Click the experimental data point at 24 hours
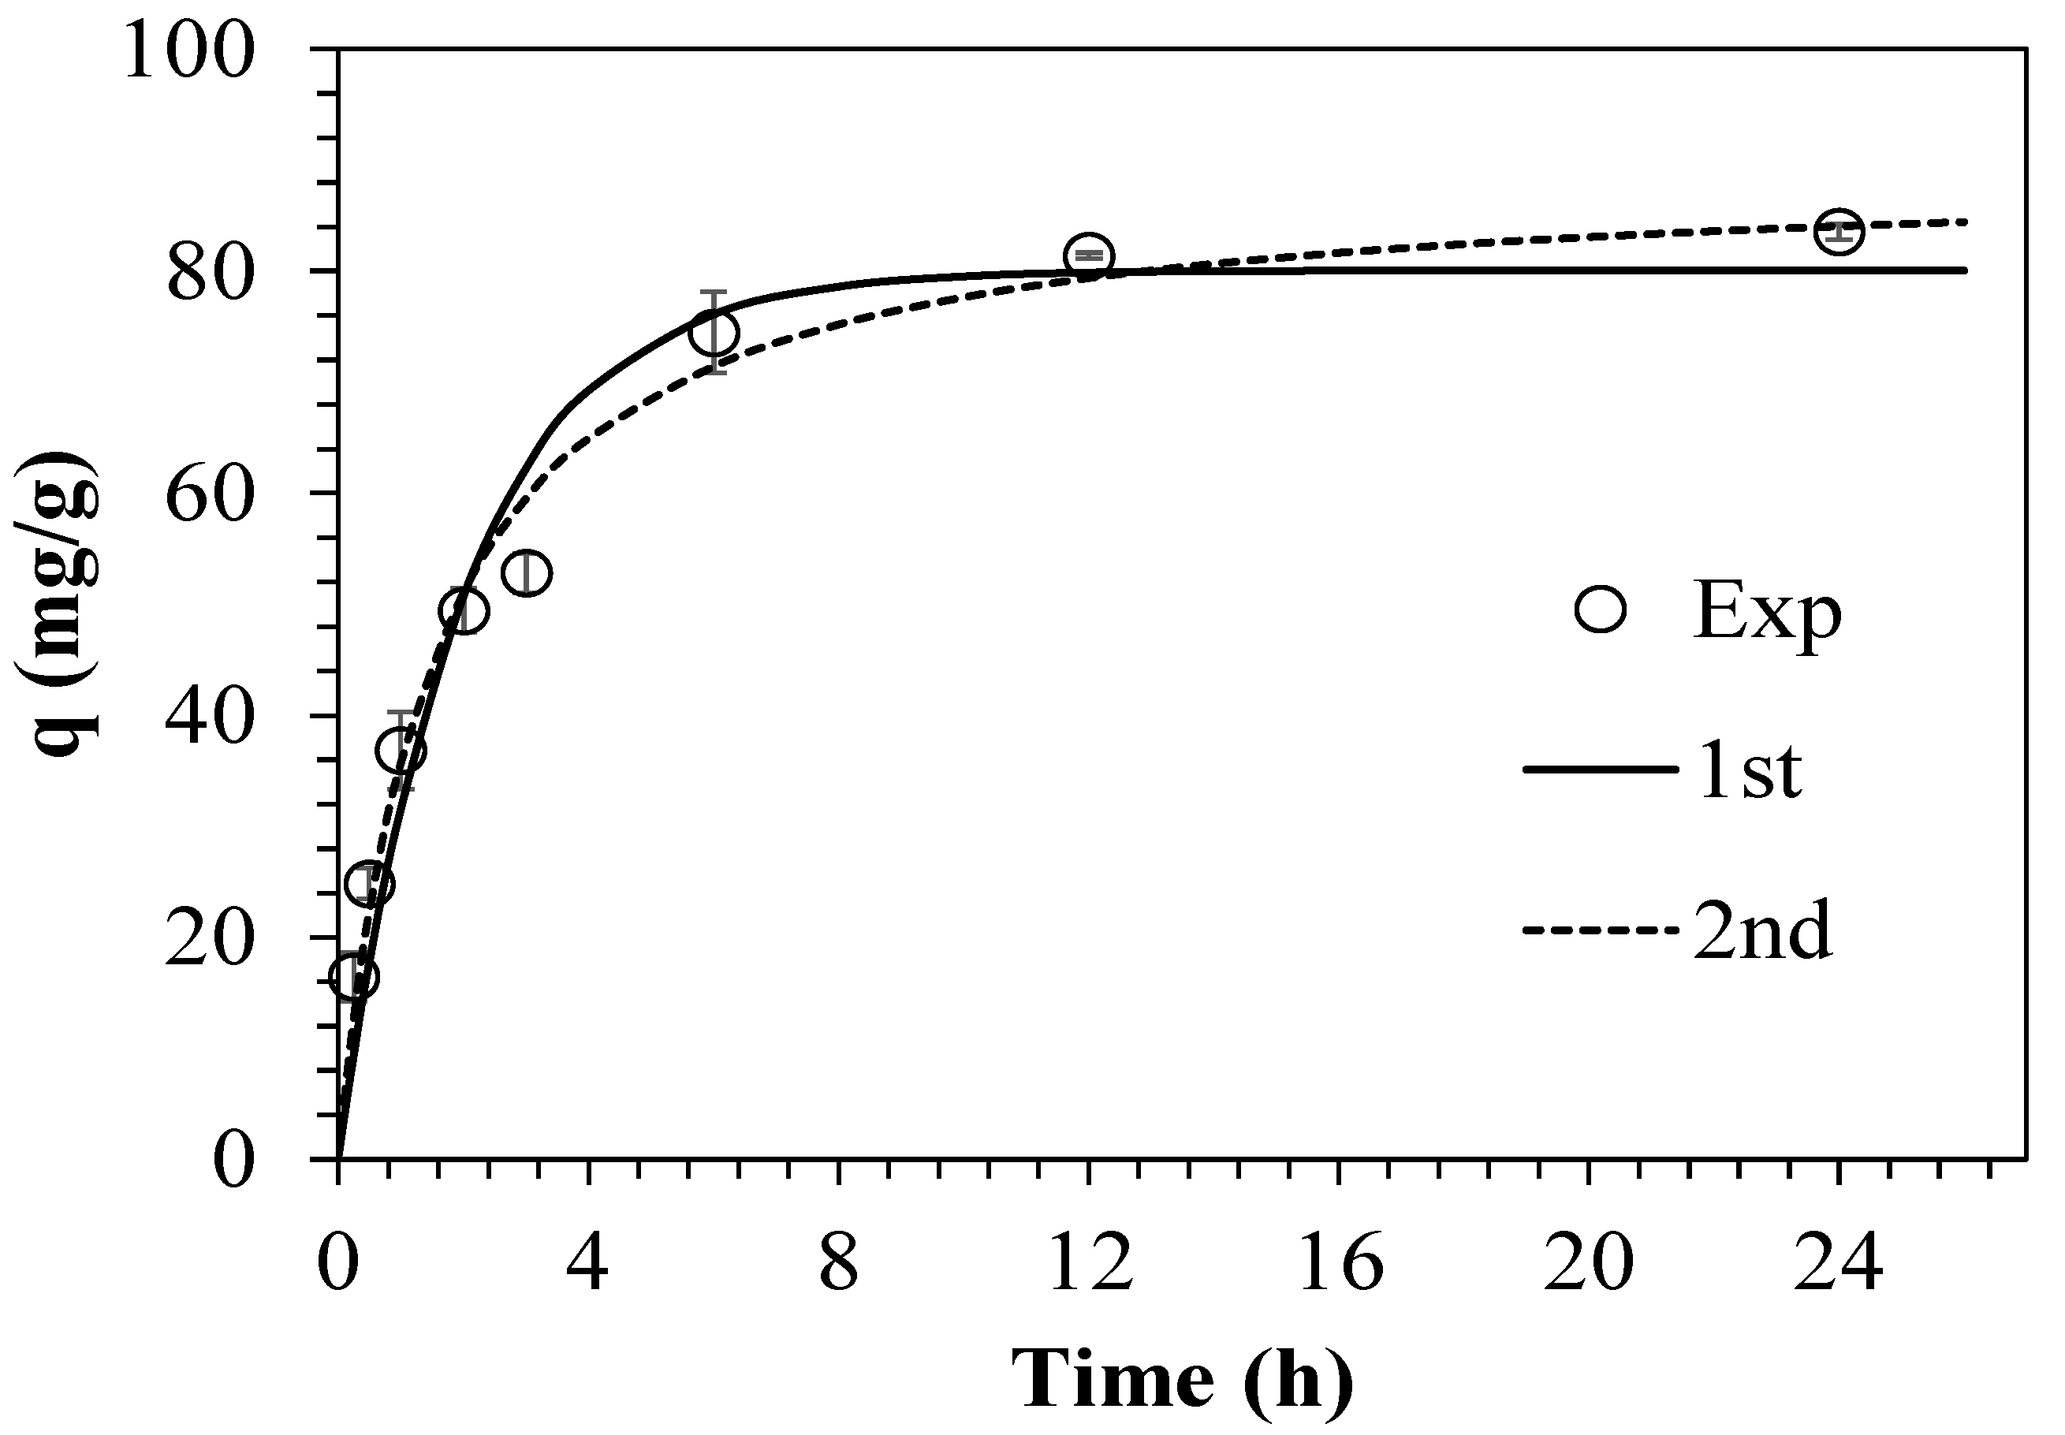1839,231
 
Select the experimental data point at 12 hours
1089,255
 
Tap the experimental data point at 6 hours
714,332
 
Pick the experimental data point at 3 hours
527,572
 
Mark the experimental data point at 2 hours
464,611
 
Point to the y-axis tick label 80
210,274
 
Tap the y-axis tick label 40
210,717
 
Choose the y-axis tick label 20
210,940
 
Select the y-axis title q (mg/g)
58,605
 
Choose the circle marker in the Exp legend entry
1601,610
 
